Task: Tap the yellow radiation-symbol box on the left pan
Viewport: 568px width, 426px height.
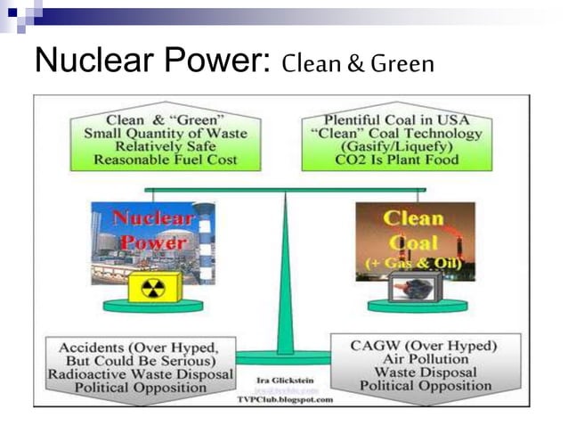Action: [157, 287]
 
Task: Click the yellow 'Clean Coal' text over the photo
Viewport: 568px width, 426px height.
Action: [414, 229]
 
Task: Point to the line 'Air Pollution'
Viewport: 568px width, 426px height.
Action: [426, 359]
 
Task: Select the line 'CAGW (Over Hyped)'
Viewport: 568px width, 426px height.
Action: [426, 346]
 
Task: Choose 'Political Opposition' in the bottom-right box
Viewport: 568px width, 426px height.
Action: [426, 386]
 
